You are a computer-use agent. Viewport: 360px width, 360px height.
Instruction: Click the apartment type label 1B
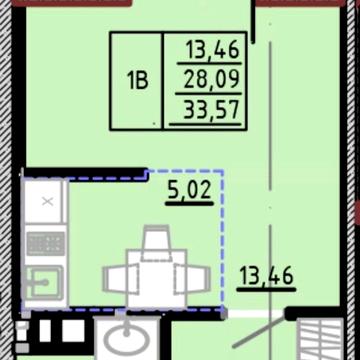(x=137, y=81)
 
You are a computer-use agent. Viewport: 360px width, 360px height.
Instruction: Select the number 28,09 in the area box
(x=212, y=79)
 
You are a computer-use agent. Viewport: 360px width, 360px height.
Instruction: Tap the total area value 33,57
(x=212, y=110)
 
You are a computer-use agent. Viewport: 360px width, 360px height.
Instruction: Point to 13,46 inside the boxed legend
(x=213, y=50)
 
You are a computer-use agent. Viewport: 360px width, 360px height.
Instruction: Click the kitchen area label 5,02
(x=190, y=190)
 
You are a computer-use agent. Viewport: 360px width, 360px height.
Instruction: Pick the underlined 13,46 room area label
(x=266, y=276)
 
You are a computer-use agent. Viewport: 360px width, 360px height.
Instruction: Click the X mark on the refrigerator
(x=48, y=201)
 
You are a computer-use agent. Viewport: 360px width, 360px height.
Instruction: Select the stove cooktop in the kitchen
(x=46, y=244)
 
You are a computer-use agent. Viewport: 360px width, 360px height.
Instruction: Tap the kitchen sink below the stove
(x=44, y=283)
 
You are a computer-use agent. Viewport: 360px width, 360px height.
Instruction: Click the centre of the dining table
(x=156, y=279)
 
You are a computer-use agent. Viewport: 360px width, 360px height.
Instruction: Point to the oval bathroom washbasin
(x=127, y=340)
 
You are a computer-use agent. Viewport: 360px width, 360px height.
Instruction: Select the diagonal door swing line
(x=259, y=331)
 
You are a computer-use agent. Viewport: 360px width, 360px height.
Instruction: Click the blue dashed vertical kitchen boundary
(x=223, y=240)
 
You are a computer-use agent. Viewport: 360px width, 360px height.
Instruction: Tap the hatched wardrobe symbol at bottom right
(x=320, y=339)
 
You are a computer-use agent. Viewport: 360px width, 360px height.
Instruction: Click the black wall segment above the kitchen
(x=86, y=174)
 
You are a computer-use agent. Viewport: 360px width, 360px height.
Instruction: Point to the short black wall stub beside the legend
(x=253, y=22)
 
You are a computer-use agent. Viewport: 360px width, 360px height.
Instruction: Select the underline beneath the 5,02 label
(x=190, y=203)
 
